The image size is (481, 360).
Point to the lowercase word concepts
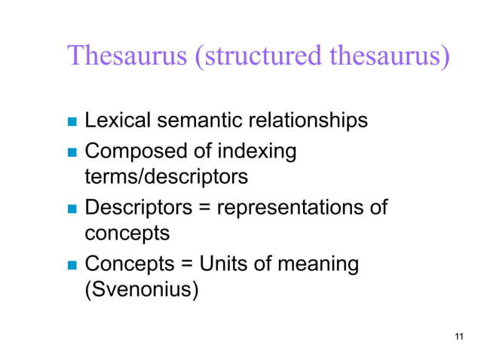point(127,233)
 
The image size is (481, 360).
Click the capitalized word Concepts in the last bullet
point(128,265)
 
